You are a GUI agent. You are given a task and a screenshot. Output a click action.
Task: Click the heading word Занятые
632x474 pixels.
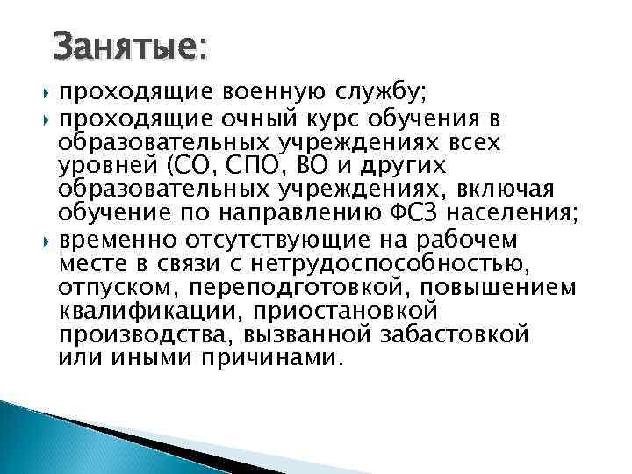[129, 47]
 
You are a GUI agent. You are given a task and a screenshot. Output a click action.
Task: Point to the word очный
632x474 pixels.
[227, 119]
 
